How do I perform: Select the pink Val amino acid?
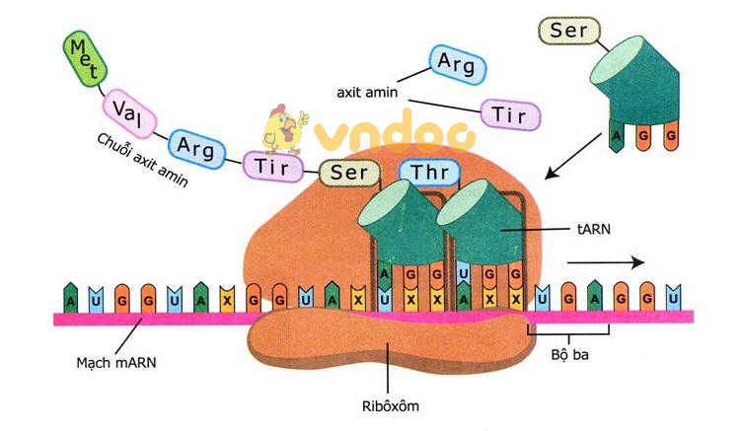126,108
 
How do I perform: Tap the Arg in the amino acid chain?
196,145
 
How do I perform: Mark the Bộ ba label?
567,350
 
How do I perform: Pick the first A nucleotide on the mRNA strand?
70,296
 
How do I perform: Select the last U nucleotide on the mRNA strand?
673,295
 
